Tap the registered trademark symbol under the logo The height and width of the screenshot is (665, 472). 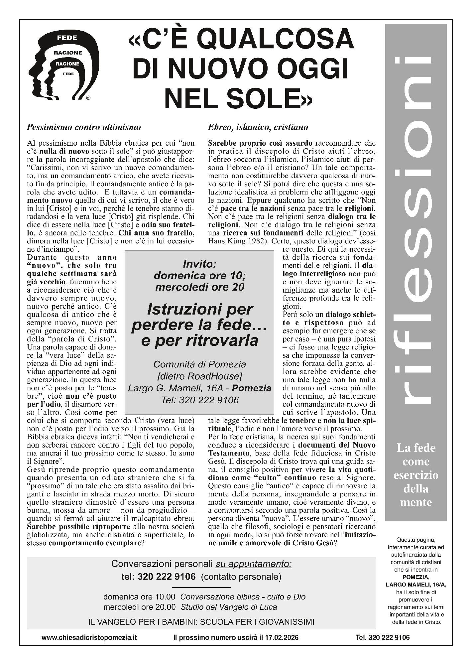click(x=88, y=98)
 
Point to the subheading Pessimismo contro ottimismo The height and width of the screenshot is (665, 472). click(x=84, y=127)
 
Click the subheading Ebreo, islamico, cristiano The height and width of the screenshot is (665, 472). click(x=258, y=127)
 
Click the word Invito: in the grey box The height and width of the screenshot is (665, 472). click(x=199, y=264)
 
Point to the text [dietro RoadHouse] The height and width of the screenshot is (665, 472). click(x=199, y=376)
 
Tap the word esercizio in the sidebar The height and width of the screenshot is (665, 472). click(x=416, y=475)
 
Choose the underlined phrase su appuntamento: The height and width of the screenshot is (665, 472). click(x=254, y=564)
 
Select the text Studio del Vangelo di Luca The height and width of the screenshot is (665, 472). click(x=229, y=607)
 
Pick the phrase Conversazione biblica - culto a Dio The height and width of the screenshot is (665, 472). click(x=243, y=597)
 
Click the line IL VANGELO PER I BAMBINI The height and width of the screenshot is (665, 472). click(x=201, y=622)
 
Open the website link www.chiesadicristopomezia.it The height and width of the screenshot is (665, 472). click(x=89, y=638)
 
